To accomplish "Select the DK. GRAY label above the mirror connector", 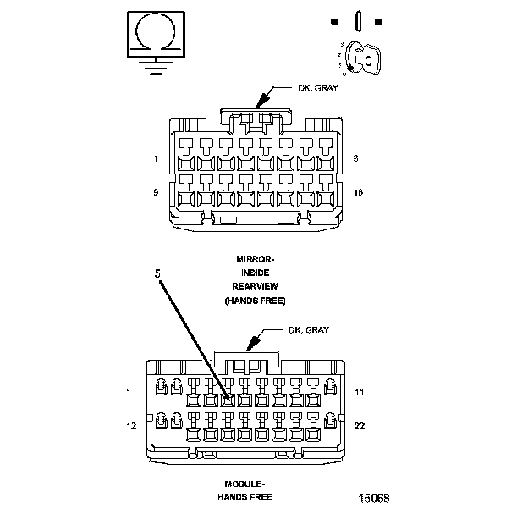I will pos(319,87).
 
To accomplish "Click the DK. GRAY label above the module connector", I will pos(309,329).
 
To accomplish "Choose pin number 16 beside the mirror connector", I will pos(359,192).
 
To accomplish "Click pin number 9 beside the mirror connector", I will pos(156,192).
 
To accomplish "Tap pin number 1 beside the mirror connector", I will pos(156,158).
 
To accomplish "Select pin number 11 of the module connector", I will pos(360,392).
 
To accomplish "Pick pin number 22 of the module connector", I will pos(360,425).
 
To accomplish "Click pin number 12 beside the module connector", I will pos(131,425).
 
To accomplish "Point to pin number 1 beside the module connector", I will pos(128,392).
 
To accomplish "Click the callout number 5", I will pos(157,273).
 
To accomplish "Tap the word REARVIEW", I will pos(255,286).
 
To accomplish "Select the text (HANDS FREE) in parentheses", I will pos(255,301).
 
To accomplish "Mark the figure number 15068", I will pos(372,499).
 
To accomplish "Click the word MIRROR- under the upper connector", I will pos(255,257).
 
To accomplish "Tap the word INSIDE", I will pos(255,272).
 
